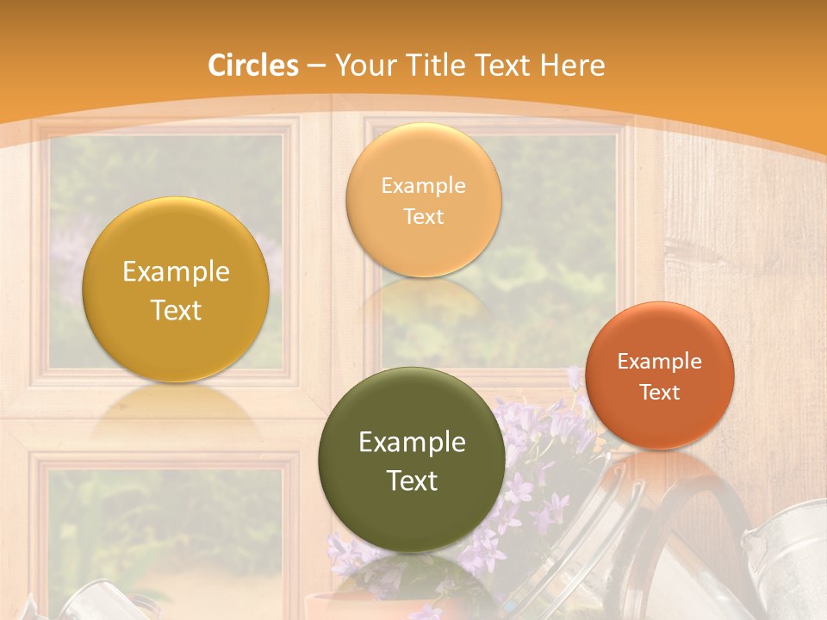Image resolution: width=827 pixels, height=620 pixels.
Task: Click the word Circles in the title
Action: (x=252, y=65)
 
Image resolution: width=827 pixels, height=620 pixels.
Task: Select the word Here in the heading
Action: (x=573, y=65)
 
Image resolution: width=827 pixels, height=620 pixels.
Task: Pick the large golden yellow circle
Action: (x=176, y=289)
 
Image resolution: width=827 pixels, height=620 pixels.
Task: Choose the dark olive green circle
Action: (x=412, y=459)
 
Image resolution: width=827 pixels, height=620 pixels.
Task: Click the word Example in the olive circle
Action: (x=412, y=442)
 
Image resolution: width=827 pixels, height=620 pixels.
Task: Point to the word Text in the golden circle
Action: (x=176, y=310)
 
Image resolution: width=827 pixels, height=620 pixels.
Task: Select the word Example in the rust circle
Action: (x=660, y=362)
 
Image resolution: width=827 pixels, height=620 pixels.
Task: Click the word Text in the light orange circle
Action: (x=423, y=216)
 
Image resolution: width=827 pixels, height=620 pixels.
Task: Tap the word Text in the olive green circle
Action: (x=412, y=480)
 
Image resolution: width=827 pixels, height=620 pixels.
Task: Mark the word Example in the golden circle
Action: (x=176, y=272)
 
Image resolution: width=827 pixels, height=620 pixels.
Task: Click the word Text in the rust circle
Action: (x=660, y=393)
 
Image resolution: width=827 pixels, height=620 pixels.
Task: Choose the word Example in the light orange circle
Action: (x=423, y=186)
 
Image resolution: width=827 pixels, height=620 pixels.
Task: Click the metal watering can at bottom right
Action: (x=788, y=560)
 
